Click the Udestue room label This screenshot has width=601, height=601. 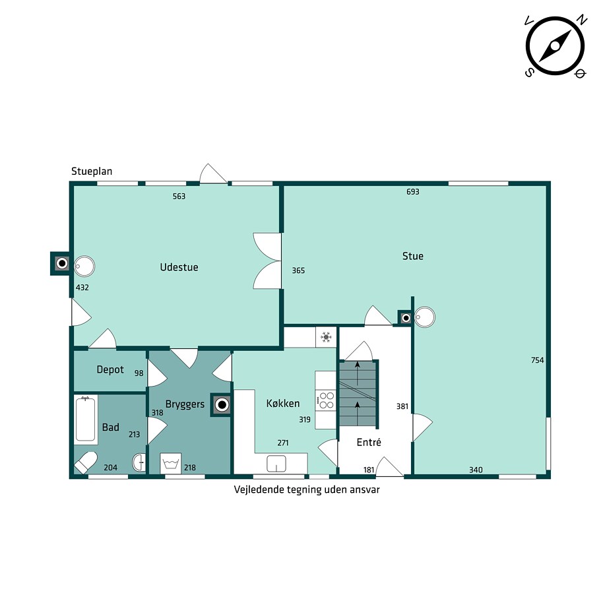(179, 267)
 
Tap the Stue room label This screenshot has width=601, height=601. (413, 256)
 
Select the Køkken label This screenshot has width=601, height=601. (283, 403)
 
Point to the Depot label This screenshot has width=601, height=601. (110, 369)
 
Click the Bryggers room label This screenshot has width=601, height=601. (185, 404)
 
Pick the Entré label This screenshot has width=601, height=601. (369, 442)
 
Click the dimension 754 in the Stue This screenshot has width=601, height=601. (538, 360)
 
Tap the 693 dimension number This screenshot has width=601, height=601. (413, 191)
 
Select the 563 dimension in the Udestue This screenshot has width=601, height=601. (179, 196)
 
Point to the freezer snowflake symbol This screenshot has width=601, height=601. (326, 337)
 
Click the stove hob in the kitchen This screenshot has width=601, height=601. (326, 400)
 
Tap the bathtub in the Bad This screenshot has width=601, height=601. (86, 420)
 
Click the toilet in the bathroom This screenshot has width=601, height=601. (86, 462)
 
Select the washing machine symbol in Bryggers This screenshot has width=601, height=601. (171, 463)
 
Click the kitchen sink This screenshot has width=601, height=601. (276, 463)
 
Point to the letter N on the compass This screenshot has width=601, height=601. (583, 20)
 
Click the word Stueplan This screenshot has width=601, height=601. (92, 172)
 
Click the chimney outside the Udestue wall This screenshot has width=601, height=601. (60, 263)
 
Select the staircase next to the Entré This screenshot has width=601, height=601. (358, 394)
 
